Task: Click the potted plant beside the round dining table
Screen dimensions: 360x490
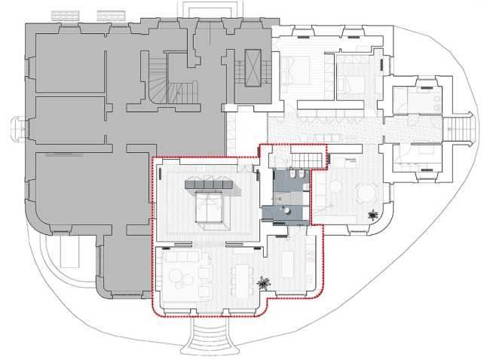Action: point(372,217)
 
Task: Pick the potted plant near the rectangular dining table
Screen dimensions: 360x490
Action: point(264,283)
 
